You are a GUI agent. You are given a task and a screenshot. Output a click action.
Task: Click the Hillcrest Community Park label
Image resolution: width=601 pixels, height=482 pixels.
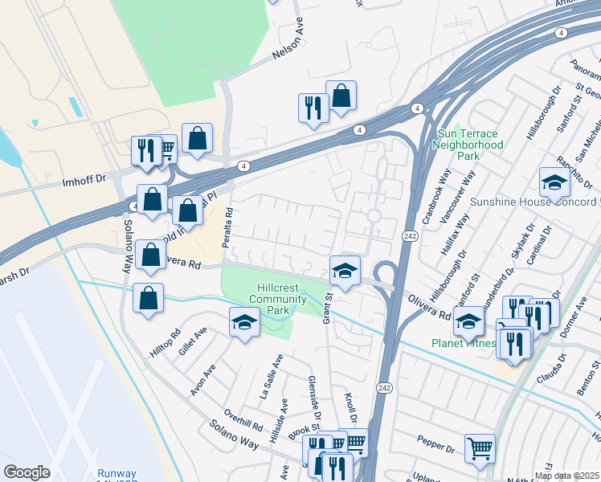[279, 299]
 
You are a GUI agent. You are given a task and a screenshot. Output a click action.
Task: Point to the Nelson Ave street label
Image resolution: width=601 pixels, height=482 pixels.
[290, 49]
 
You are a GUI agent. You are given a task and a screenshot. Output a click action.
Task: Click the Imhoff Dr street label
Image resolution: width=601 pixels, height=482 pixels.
[84, 183]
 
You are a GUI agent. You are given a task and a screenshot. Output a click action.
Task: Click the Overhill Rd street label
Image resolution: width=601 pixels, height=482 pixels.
[244, 423]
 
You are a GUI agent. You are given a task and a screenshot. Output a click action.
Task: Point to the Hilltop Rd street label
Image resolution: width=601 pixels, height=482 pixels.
[166, 342]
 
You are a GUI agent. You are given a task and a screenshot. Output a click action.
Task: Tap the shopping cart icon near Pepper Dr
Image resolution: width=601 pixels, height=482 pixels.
[480, 448]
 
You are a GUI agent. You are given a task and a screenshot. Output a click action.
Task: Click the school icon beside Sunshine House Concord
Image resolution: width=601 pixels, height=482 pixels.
[554, 183]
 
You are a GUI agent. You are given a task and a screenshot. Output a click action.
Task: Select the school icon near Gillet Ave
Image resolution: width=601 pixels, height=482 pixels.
[244, 323]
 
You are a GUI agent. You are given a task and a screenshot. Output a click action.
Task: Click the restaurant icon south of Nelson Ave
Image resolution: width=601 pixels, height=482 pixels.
[313, 108]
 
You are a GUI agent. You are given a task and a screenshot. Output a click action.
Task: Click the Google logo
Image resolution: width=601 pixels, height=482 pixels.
[27, 472]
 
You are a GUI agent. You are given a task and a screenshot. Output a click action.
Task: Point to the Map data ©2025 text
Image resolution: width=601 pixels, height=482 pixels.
[566, 476]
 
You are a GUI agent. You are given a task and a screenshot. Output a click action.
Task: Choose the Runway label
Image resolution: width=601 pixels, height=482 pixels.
[117, 474]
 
